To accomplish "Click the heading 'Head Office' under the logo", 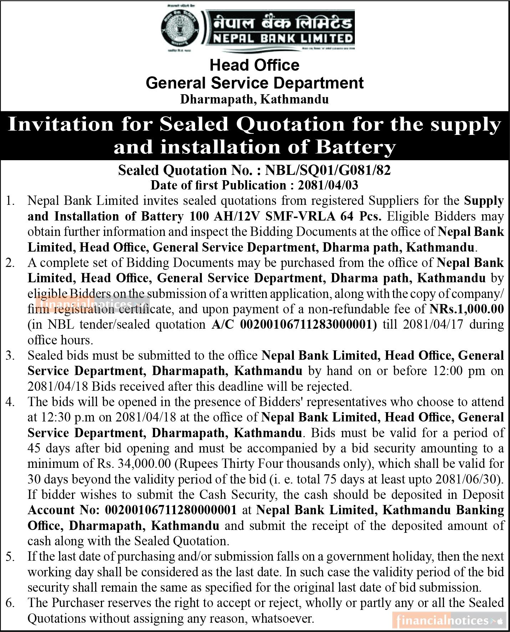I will point(254,65).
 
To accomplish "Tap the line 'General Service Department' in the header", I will point(255,83).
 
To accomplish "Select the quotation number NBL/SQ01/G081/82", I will point(328,170).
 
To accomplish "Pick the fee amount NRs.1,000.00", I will point(466,309).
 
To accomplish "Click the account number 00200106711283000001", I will point(308,324).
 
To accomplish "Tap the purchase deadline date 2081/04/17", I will point(418,324).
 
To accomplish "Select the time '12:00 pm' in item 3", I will point(460,371).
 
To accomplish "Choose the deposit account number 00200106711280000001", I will point(170,510).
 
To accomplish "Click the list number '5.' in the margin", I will point(10,556).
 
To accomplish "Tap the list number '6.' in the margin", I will point(10,603).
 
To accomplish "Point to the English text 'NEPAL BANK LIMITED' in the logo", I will point(283,38).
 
